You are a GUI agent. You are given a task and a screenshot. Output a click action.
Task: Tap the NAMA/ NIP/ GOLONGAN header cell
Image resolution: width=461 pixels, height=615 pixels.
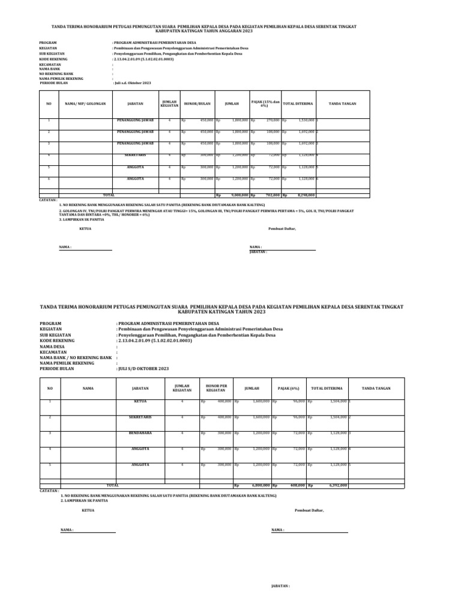(x=85, y=103)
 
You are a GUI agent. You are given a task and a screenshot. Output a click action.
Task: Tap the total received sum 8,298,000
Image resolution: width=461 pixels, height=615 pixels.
(x=306, y=195)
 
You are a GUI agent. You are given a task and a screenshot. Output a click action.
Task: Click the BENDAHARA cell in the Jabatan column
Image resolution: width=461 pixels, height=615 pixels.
(x=140, y=432)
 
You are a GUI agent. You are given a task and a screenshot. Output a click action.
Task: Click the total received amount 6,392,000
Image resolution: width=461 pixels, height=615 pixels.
(x=336, y=485)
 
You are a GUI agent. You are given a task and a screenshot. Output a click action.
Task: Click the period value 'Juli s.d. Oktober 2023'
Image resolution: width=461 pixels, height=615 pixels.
(x=132, y=82)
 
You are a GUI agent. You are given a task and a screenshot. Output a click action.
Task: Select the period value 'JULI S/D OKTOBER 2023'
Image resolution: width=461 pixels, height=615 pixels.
(x=143, y=368)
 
